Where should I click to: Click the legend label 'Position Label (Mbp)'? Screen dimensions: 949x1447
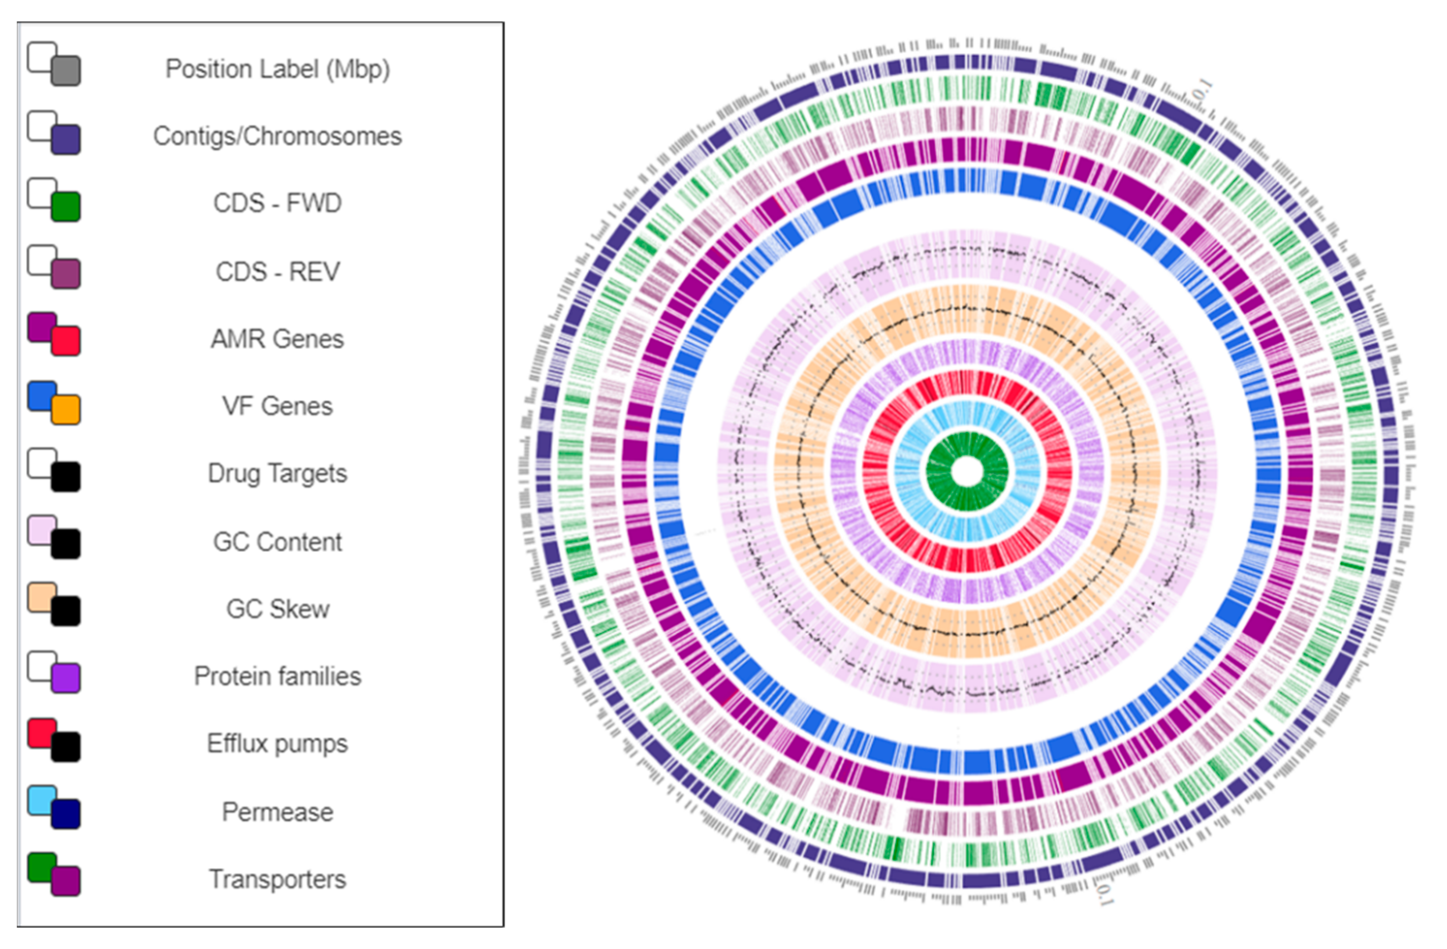(277, 69)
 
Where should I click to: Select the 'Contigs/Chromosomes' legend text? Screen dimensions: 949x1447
(277, 136)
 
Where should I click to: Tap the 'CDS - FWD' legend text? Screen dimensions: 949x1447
(277, 203)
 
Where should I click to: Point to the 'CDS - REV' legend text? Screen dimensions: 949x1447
(277, 271)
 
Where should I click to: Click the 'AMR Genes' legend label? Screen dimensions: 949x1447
(277, 339)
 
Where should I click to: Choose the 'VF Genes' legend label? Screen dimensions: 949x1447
(277, 406)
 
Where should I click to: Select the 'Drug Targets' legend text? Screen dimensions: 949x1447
(277, 473)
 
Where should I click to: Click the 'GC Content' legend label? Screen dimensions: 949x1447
(277, 541)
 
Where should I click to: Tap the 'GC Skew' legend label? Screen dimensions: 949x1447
(277, 609)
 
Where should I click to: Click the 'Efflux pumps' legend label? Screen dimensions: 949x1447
(277, 744)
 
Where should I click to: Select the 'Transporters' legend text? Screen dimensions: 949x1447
(277, 880)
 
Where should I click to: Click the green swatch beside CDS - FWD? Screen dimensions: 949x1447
(65, 206)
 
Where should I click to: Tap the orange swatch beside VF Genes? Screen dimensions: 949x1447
(65, 410)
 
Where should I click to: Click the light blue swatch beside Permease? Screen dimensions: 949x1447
(42, 800)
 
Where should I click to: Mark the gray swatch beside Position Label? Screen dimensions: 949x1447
(65, 71)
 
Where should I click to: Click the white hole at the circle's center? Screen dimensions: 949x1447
(967, 472)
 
